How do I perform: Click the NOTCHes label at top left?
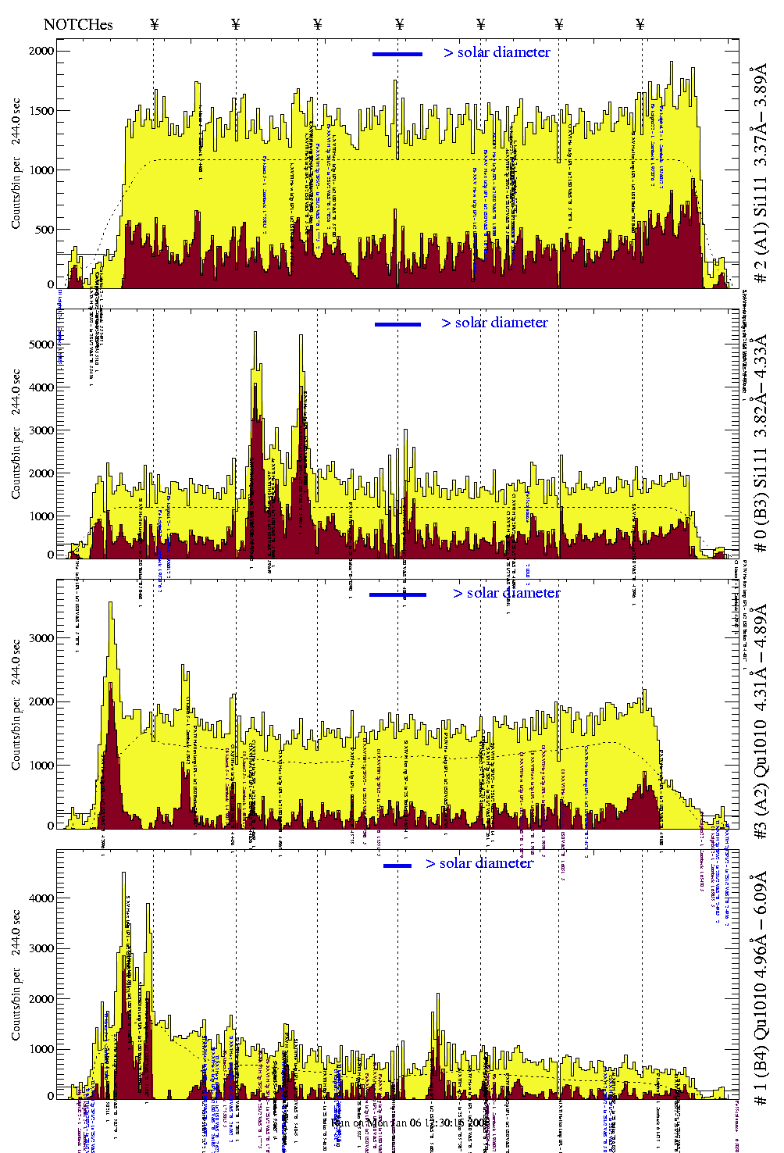coord(78,24)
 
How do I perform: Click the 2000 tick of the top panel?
coord(42,51)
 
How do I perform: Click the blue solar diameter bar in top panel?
coord(397,54)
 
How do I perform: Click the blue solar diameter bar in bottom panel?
coord(397,866)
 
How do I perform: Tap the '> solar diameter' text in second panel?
coord(494,323)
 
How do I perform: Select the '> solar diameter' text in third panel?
coord(506,593)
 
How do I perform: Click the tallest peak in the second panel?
coord(255,334)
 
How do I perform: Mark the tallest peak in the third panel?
coord(111,604)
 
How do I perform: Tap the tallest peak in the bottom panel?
coord(123,874)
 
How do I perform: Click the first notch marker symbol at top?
coord(154,24)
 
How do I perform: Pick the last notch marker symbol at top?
coord(640,24)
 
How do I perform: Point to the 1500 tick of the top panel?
coord(42,111)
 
